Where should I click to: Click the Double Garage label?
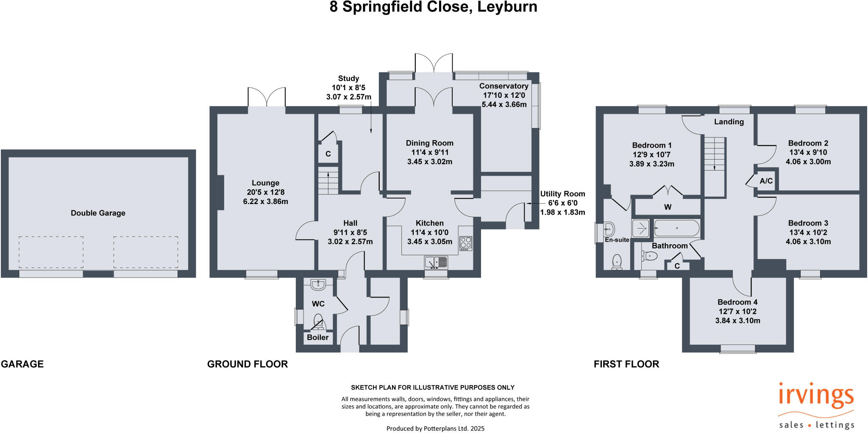coord(98,213)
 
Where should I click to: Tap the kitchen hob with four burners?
coord(466,243)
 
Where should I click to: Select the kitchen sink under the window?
coord(436,262)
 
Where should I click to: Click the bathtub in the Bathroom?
coord(676,228)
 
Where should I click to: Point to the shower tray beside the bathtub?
coord(640,228)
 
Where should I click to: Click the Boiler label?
coord(317,337)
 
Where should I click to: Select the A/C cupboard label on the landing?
coord(766,181)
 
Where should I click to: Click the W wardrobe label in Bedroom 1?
coord(668,207)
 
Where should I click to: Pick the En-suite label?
coord(617,240)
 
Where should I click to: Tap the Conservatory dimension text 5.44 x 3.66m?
coord(504,104)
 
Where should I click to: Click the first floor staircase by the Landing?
coord(715,154)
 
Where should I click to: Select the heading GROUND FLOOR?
coord(247,364)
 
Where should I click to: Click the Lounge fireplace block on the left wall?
coord(220,193)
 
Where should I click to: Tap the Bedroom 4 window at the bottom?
coord(737,348)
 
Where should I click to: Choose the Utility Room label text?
coord(562,194)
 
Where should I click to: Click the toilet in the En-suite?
coord(617,262)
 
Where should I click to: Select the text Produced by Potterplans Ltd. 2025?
coord(435,428)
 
